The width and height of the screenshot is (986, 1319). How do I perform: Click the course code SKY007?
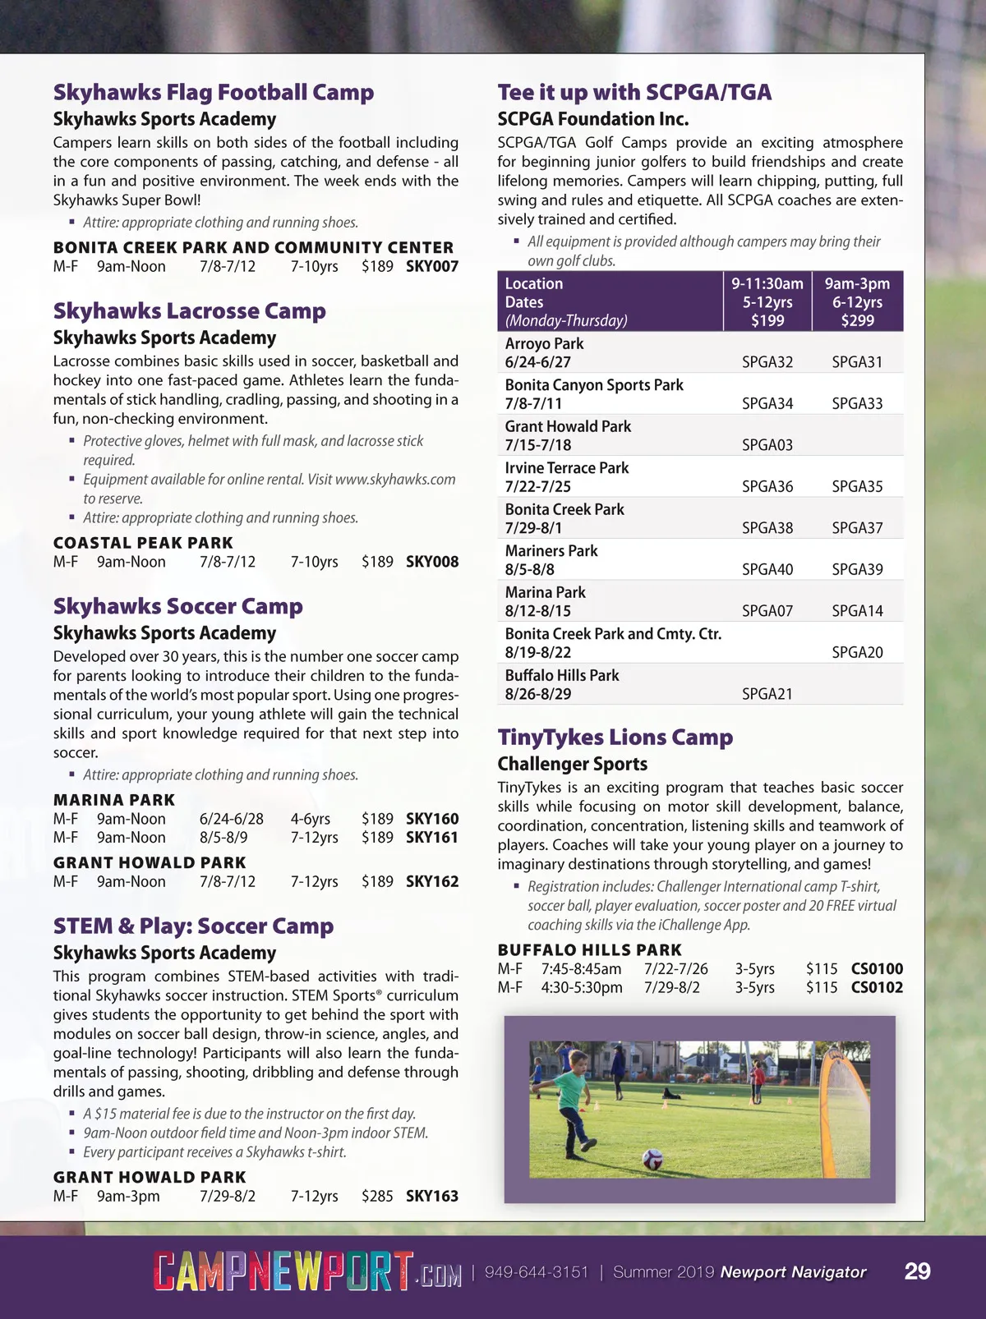coord(432,266)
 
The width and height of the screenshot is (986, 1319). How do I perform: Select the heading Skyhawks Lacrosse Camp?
coord(189,311)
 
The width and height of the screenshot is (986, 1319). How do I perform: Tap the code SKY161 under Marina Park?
coord(432,838)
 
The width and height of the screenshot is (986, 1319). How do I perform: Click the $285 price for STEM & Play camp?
coord(377,1197)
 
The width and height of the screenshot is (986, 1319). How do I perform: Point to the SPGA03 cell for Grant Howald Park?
coord(767,445)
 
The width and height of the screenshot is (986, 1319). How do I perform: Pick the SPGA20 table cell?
coord(857,652)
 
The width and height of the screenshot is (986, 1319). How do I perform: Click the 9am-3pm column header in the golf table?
coord(857,301)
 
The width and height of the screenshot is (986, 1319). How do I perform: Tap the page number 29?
coord(917,1271)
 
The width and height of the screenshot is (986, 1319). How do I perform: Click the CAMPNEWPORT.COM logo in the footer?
coord(306,1271)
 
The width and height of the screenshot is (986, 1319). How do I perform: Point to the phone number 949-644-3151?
coord(537,1272)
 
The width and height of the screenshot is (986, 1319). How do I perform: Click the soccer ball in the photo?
coord(652,1159)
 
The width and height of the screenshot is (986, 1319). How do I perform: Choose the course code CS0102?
coord(877,987)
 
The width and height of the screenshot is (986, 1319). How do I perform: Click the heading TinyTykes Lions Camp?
coord(615,738)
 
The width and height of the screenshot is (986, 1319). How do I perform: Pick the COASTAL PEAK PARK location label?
coord(143,543)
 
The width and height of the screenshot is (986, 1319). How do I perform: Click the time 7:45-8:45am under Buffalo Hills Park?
coord(581,969)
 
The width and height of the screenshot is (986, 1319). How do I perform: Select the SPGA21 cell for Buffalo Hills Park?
coord(767,694)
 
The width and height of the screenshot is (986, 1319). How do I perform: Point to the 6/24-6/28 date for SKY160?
coord(231,819)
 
